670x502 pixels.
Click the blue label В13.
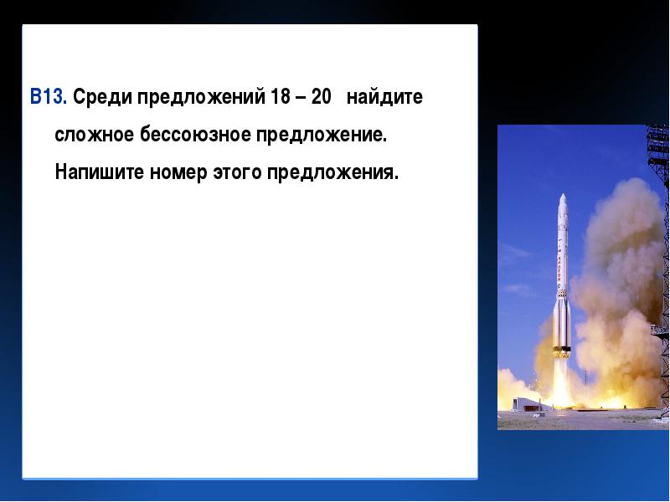pos(49,96)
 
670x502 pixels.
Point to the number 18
pos(281,96)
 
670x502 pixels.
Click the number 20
pos(321,96)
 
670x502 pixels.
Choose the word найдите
pos(384,97)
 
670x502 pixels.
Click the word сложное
pos(95,136)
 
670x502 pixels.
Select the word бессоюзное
pos(195,136)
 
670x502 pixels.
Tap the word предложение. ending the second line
pos(322,136)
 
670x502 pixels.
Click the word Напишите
pos(99,172)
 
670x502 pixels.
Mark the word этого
pos(237,173)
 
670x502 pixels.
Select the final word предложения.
pos(332,173)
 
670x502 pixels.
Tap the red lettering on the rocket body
pos(559,269)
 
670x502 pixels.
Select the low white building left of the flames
pos(531,404)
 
